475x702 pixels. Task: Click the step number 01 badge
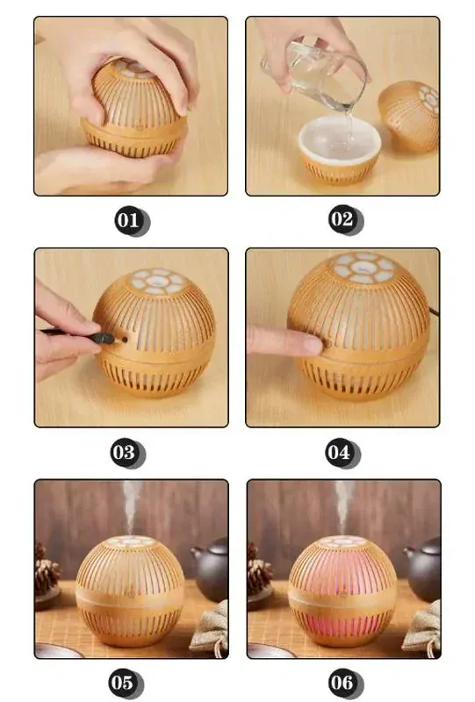pyautogui.click(x=130, y=219)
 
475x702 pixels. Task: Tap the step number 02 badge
pyautogui.click(x=342, y=219)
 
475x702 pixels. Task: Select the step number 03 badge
pyautogui.click(x=126, y=453)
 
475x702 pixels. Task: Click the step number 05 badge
pyautogui.click(x=125, y=682)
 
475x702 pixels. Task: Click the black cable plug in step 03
pyautogui.click(x=105, y=336)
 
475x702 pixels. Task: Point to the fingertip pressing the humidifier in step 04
pyautogui.click(x=307, y=343)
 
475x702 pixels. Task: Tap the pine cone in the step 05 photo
pyautogui.click(x=47, y=575)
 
